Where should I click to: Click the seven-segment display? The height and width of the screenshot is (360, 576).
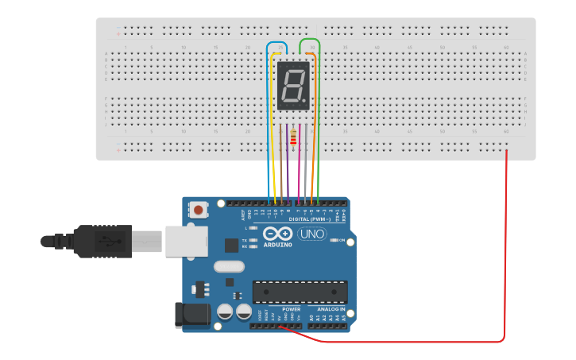(293, 85)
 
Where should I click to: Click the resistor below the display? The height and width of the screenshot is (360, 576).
(293, 138)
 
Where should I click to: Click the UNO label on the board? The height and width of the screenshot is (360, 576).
(311, 234)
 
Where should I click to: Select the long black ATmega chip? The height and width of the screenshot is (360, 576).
(300, 292)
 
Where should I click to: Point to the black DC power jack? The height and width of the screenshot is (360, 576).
(192, 314)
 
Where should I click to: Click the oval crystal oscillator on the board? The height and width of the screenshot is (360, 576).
(229, 268)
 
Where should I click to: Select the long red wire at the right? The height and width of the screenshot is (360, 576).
(506, 254)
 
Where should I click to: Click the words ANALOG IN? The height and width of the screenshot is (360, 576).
(331, 309)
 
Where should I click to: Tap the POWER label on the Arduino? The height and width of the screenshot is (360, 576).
(291, 309)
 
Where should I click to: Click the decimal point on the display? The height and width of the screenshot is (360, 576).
(304, 101)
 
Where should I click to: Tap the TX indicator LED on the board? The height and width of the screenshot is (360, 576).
(253, 240)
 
